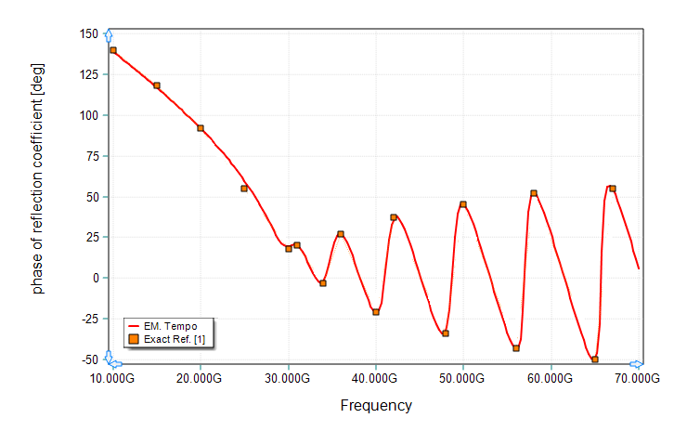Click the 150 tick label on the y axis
click(88, 34)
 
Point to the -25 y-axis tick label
click(89, 318)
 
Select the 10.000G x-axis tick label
click(113, 379)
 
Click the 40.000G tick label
click(376, 379)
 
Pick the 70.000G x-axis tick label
click(639, 379)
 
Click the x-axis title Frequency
click(376, 405)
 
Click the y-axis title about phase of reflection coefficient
click(38, 178)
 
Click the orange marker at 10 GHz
click(113, 50)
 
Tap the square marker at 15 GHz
click(157, 85)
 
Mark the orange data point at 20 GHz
click(201, 128)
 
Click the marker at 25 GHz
click(244, 188)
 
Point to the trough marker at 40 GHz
click(376, 312)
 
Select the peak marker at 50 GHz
click(463, 204)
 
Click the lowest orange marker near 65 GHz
click(595, 359)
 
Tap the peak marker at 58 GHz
click(534, 193)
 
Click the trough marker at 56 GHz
click(516, 348)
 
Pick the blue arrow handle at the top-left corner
click(109, 34)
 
